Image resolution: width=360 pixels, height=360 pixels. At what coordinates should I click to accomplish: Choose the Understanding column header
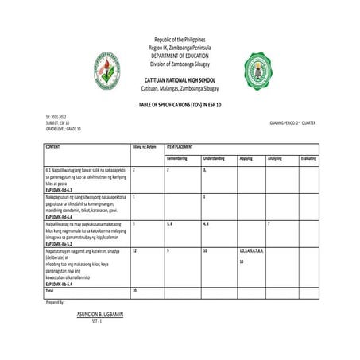[x=215, y=158]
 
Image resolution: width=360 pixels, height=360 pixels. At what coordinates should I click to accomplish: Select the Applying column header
[x=246, y=158]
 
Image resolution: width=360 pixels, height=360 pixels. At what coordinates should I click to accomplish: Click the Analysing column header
[x=275, y=158]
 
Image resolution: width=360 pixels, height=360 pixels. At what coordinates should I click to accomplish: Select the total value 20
[x=135, y=292]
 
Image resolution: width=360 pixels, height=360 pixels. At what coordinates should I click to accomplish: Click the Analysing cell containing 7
[x=269, y=224]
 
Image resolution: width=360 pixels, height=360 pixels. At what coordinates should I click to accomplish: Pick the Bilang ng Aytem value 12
[x=135, y=250]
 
